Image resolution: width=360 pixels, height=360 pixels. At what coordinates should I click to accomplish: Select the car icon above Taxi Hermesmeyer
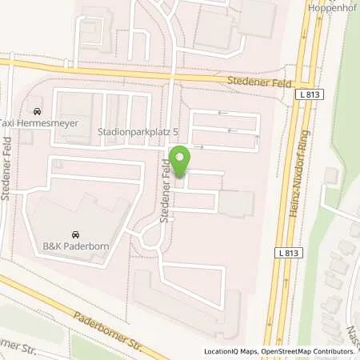36,111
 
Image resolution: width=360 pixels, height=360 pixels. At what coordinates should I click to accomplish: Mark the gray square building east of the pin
236,204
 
